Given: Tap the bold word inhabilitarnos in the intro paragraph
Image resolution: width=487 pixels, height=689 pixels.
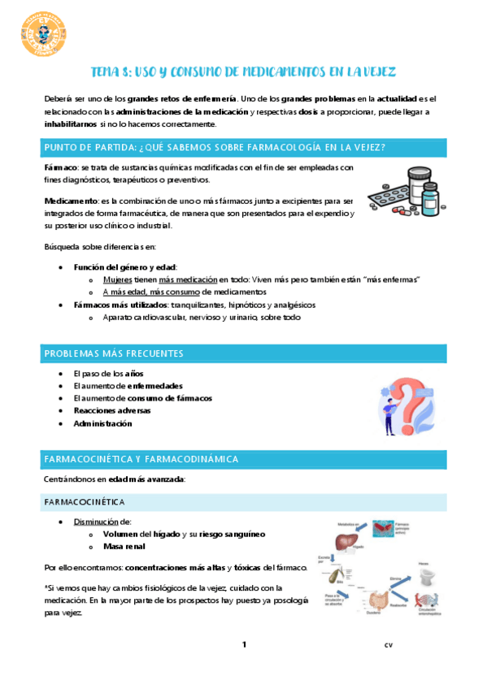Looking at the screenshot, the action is tap(71, 124).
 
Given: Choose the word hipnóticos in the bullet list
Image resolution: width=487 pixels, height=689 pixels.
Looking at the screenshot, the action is tap(245, 305).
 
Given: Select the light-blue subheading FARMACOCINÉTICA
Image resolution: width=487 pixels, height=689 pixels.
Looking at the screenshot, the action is tap(85, 502).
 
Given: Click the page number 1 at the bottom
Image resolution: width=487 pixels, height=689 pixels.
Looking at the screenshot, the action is tap(243, 645).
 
